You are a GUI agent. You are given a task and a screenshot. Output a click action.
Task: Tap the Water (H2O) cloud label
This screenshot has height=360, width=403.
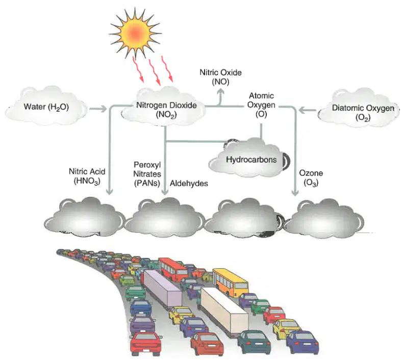[46, 107]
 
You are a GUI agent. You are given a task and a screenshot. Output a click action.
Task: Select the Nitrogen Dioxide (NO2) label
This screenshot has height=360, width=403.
[166, 110]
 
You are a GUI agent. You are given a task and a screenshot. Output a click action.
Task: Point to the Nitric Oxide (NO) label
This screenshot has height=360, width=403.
[220, 77]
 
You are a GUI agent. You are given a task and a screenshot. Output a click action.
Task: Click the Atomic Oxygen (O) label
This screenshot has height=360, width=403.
[261, 105]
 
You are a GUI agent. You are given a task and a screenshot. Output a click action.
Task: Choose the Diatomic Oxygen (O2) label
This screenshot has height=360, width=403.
[363, 113]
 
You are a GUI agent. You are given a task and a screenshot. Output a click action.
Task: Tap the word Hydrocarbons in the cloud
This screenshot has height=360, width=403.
[251, 160]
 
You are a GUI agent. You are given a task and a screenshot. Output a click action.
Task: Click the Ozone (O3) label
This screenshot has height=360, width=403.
[311, 178]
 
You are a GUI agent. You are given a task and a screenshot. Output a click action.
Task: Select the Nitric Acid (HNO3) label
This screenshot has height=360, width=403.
[87, 176]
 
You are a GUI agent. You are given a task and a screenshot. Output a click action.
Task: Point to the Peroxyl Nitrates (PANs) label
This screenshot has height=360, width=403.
[147, 174]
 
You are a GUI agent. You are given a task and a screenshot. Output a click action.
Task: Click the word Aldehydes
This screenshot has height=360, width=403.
[189, 183]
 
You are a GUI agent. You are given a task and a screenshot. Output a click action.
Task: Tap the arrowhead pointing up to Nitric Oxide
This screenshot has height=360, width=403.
[220, 91]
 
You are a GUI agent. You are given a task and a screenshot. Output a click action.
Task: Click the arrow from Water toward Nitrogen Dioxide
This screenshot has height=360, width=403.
[98, 109]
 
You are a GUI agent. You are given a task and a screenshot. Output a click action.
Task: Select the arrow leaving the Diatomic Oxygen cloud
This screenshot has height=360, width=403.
[308, 111]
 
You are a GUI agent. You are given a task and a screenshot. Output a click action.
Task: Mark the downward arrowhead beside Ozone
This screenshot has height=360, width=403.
[295, 193]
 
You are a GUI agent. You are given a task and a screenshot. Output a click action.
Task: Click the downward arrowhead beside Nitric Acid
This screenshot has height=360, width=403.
[110, 192]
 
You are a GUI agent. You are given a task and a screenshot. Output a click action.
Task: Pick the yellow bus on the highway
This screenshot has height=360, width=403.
[230, 282]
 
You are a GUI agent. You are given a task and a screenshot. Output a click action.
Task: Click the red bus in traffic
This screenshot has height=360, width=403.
[173, 269]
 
